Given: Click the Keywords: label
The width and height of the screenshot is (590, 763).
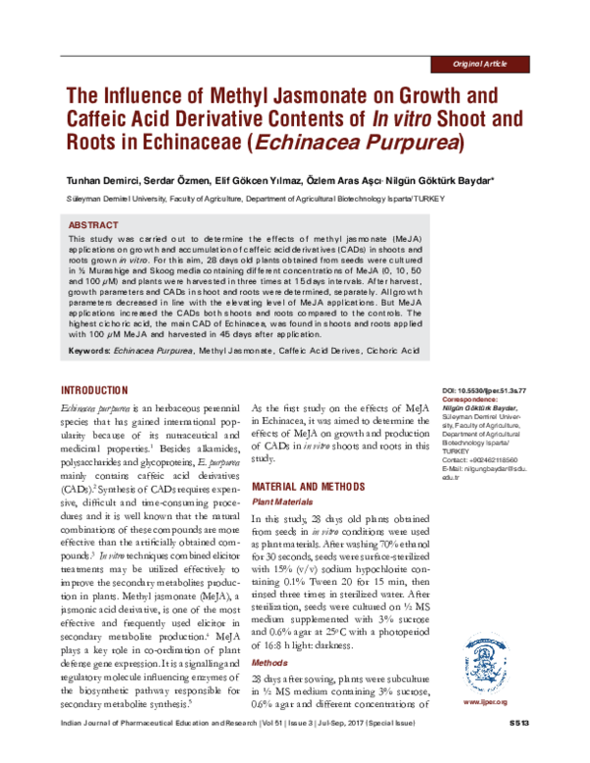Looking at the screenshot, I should (x=90, y=349).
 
